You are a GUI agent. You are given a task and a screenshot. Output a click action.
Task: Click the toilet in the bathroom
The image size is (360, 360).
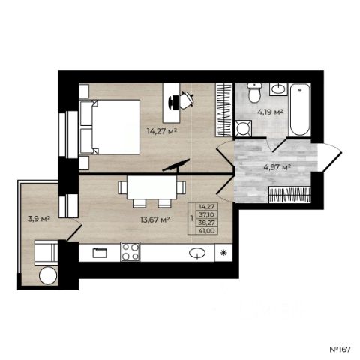pyautogui.click(x=254, y=92)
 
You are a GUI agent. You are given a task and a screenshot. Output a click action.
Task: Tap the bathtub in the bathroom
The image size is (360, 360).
pyautogui.click(x=300, y=109)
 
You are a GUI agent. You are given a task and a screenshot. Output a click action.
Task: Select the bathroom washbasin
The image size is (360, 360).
pyautogui.click(x=278, y=89)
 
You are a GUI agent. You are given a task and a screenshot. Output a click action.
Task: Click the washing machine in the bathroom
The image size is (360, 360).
pyautogui.click(x=244, y=128)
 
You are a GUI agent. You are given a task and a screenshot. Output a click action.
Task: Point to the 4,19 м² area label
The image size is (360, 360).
pyautogui.click(x=270, y=112)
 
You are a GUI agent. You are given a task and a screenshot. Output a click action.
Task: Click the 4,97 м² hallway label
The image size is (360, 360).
pyautogui.click(x=277, y=166)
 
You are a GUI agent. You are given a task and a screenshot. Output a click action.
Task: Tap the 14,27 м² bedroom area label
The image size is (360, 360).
pyautogui.click(x=162, y=131)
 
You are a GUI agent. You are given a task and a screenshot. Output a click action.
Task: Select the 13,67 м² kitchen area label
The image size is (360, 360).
pyautogui.click(x=155, y=220)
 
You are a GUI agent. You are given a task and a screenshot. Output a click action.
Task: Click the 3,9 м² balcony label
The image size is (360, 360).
pyautogui.click(x=39, y=219)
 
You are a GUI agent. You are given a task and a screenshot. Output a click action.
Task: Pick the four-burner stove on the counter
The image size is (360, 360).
pyautogui.click(x=130, y=251)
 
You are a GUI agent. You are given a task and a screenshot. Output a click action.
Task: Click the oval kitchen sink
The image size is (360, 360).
pyautogui.click(x=197, y=253)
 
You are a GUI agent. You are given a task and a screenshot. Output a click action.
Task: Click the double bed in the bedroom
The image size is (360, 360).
pyautogui.click(x=109, y=127)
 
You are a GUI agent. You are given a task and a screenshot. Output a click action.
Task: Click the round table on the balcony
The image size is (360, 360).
pyautogui.click(x=48, y=275)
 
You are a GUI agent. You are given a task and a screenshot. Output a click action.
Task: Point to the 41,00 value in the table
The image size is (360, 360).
pyautogui.click(x=206, y=231)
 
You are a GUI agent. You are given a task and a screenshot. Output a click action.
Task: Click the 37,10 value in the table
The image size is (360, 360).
pyautogui.click(x=206, y=214)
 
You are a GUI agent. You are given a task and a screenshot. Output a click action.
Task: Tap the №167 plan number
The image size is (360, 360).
pyautogui.click(x=340, y=349)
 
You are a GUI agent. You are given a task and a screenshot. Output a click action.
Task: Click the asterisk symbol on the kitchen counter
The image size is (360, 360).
pyautogui.click(x=223, y=253)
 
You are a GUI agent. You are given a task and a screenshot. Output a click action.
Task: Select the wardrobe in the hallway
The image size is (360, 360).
pyautogui.click(x=289, y=195)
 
